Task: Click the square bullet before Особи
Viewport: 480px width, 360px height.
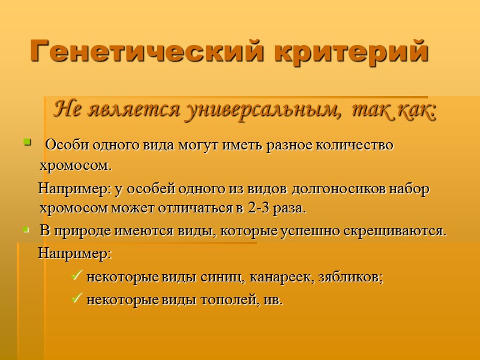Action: coord(26,143)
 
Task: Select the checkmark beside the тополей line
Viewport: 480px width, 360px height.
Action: coord(77,299)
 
